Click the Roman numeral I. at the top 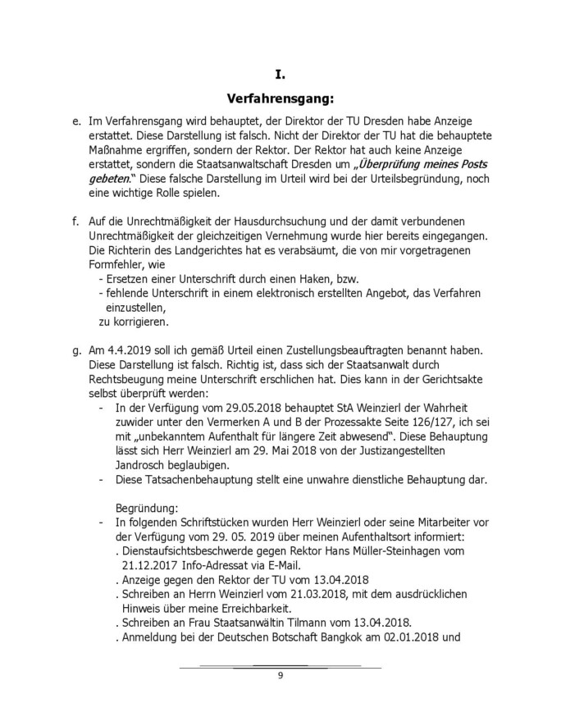point(280,75)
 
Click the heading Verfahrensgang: point(280,101)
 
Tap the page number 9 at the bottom point(280,675)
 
